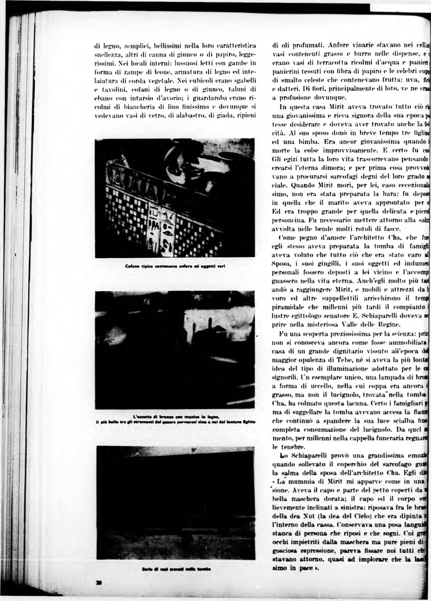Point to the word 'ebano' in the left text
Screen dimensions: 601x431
click(101, 101)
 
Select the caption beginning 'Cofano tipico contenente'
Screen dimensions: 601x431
click(173, 266)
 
